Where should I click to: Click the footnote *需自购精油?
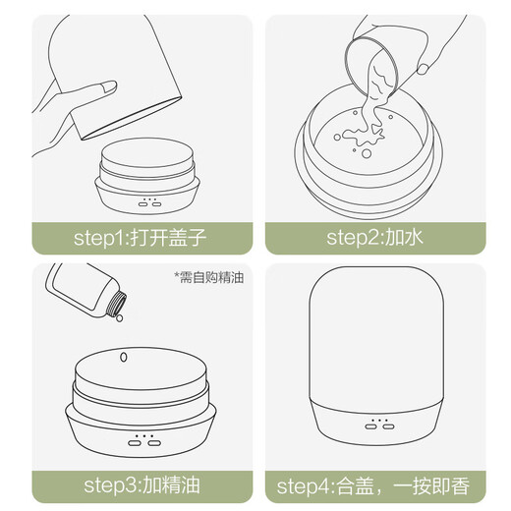(x=207, y=277)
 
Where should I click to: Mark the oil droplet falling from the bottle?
(x=118, y=317)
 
